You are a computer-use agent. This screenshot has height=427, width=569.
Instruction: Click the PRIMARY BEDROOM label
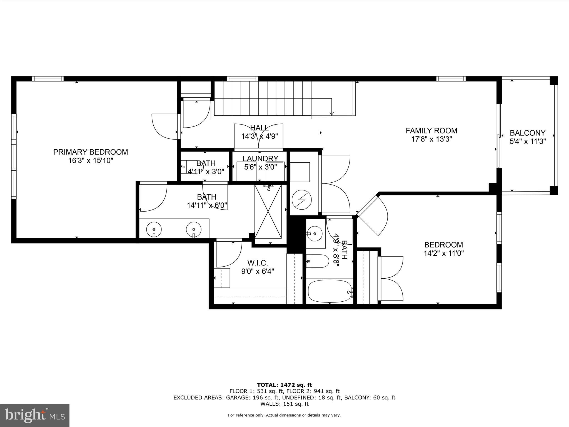[x=91, y=152]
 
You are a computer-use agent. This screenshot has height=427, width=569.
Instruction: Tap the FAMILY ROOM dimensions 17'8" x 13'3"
[x=431, y=139]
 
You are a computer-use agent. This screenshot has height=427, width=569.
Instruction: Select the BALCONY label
[x=527, y=133]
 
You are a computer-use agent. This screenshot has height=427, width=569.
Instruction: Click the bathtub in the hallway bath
[x=330, y=291]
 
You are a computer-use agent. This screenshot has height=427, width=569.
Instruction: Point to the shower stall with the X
[x=268, y=212]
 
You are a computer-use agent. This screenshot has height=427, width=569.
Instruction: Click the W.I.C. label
[x=258, y=263]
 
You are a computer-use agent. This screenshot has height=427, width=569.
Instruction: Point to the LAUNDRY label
[x=260, y=158]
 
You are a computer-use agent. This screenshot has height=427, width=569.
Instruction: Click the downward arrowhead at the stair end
[x=331, y=113]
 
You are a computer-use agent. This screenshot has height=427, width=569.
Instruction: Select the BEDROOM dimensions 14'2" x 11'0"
[x=443, y=254]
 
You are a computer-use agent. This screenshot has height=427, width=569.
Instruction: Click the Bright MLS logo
[x=35, y=415]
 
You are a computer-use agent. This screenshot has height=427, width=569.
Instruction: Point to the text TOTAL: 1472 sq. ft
[x=284, y=385]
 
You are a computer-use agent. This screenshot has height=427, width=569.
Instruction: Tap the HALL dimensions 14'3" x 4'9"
[x=259, y=136]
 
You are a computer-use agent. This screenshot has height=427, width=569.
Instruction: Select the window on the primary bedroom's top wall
[x=48, y=79]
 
